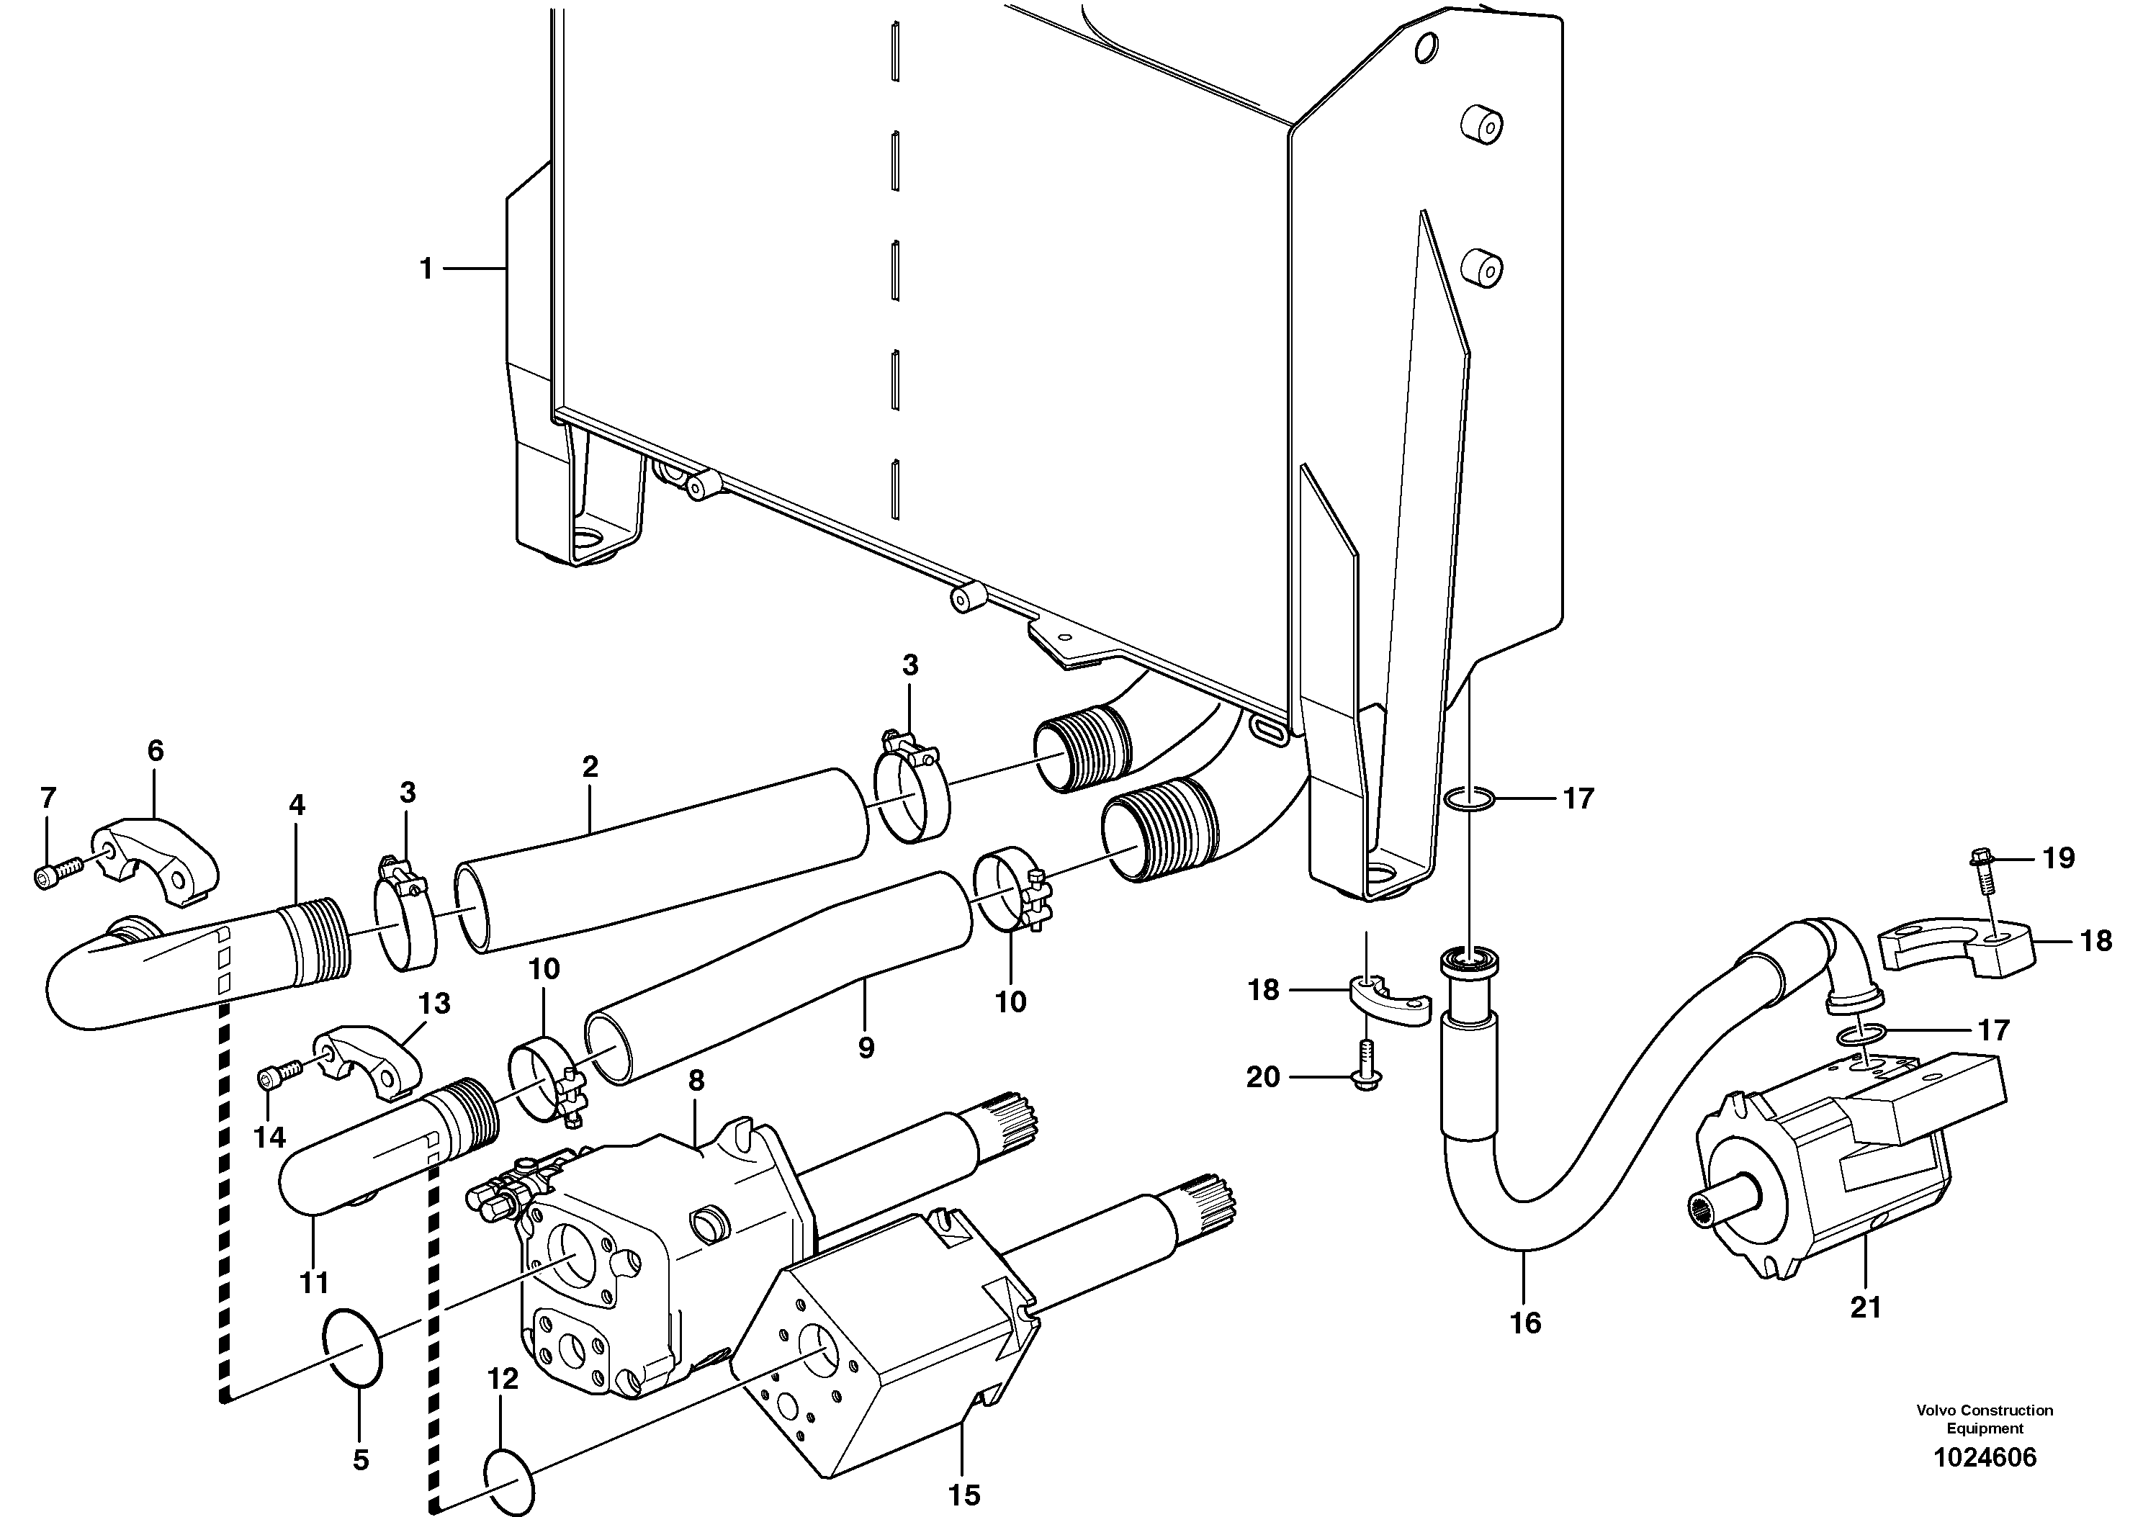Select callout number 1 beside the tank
[426, 269]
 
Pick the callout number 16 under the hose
[1524, 1322]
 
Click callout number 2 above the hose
[590, 767]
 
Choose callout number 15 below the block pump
[963, 1494]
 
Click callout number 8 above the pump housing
[695, 1081]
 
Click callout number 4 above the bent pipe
[297, 804]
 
